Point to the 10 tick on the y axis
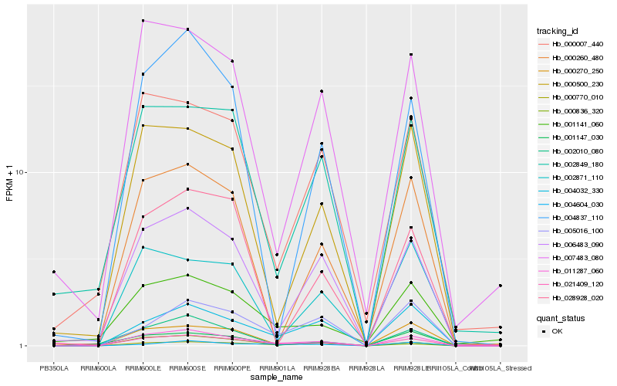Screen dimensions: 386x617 [x=22, y=172]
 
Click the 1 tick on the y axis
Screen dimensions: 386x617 [x=24, y=346]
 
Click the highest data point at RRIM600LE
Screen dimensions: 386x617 [x=143, y=20]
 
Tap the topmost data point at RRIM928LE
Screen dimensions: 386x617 [x=411, y=55]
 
